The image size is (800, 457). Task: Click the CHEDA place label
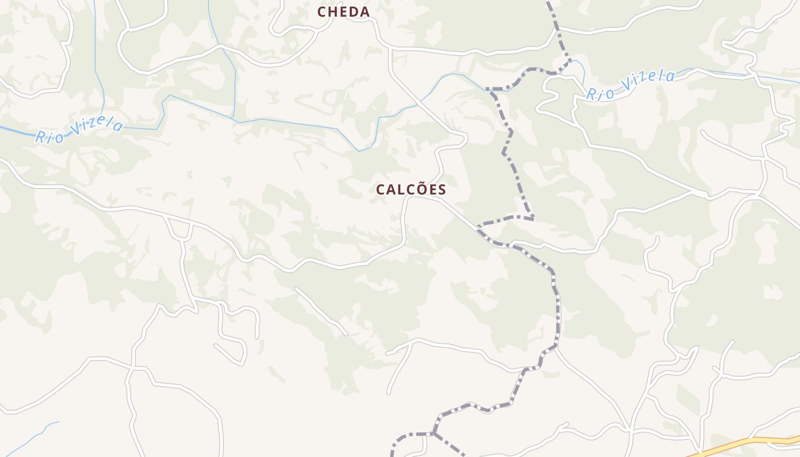(x=343, y=11)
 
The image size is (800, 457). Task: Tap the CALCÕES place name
(x=411, y=190)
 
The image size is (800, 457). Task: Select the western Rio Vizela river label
(x=79, y=129)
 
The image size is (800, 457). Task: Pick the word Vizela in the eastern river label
(x=648, y=81)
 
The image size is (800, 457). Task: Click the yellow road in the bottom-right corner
(x=743, y=443)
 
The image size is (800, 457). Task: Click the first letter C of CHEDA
(x=322, y=12)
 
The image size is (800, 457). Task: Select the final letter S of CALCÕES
(x=441, y=190)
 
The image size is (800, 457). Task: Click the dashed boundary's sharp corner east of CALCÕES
(x=533, y=218)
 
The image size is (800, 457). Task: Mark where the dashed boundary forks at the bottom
(x=434, y=434)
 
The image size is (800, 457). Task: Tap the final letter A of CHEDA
(x=365, y=12)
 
